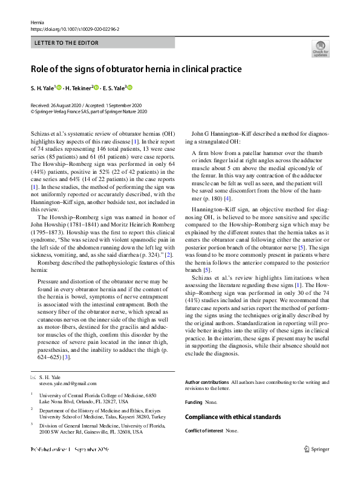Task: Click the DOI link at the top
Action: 74,28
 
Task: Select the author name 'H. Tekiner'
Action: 77,88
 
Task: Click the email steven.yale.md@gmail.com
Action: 68,383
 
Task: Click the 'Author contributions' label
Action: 207,382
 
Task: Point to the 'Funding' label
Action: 194,401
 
